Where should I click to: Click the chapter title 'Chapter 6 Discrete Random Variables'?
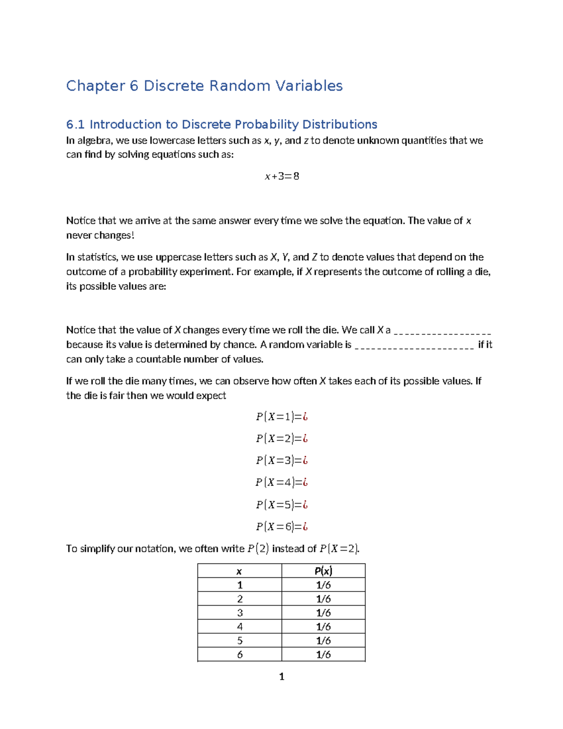[204, 86]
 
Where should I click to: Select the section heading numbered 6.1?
[221, 124]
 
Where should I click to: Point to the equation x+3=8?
[281, 176]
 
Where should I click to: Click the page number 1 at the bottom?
[281, 676]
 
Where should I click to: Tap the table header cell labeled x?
[239, 571]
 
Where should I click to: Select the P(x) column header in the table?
[323, 571]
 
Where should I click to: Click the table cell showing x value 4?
[240, 627]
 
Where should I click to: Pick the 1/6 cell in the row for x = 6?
[323, 654]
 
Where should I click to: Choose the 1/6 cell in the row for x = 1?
[323, 585]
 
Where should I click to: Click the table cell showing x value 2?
[240, 599]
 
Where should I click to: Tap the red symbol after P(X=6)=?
[305, 527]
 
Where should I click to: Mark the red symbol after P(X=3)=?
[305, 460]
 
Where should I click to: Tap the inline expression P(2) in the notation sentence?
[258, 549]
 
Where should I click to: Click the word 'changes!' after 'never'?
[114, 236]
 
